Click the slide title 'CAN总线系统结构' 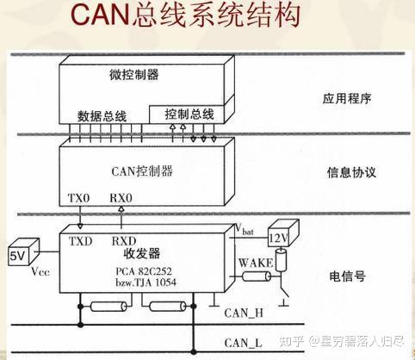click(x=185, y=15)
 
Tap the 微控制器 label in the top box click(x=133, y=74)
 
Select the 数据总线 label click(x=102, y=116)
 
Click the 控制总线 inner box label click(x=189, y=115)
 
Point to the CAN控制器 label click(x=142, y=171)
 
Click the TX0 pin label click(x=78, y=198)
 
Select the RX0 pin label click(x=121, y=198)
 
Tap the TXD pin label click(x=80, y=241)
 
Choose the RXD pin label click(x=124, y=241)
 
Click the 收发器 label click(x=142, y=253)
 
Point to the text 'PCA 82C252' click(x=144, y=271)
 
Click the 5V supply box click(x=23, y=252)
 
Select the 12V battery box click(x=283, y=234)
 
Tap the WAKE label click(x=256, y=263)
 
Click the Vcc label click(x=40, y=271)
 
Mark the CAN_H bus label click(x=244, y=313)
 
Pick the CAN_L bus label click(x=243, y=343)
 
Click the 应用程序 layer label click(x=347, y=99)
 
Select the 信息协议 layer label click(x=351, y=172)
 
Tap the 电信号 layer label click(x=347, y=276)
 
